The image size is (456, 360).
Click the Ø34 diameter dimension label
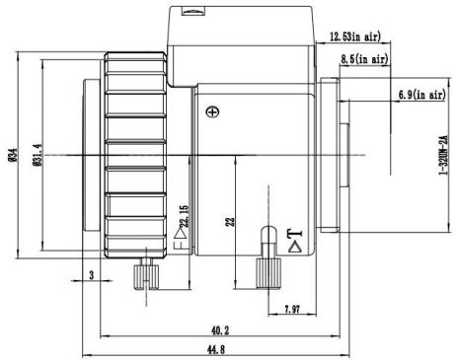click(13, 155)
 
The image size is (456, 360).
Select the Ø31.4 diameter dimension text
click(38, 155)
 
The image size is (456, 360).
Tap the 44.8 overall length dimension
click(216, 349)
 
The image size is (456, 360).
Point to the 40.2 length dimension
click(220, 330)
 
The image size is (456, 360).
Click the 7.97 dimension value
click(292, 309)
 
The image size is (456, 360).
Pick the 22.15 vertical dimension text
click(185, 216)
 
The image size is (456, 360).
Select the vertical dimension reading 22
click(230, 221)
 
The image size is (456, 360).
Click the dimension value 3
click(92, 274)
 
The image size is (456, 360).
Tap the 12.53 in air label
click(355, 36)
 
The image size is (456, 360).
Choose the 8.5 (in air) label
click(364, 59)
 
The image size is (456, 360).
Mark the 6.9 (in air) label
click(422, 95)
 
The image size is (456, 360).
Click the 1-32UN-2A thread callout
click(444, 155)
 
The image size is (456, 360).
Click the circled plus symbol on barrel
click(212, 111)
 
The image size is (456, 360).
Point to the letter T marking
click(294, 234)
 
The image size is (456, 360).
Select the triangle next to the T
click(295, 247)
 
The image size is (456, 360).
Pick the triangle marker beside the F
click(181, 233)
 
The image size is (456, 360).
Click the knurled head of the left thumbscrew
click(146, 277)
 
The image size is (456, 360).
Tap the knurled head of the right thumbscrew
click(268, 273)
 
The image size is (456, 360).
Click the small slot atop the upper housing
click(194, 12)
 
